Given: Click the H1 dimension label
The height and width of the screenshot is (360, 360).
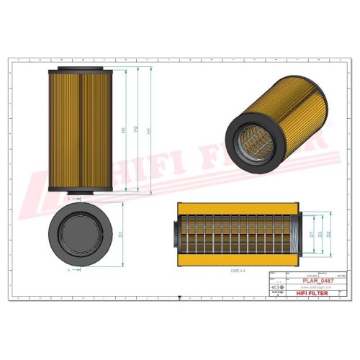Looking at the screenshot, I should pos(148,131).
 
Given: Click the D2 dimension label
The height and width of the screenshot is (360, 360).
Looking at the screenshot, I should pos(328,234).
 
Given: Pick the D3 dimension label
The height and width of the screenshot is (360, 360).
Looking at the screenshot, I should pos(320,234).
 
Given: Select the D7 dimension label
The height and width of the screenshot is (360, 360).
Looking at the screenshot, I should pos(311,234).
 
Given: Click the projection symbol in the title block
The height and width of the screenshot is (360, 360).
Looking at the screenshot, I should pos(275,287).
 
